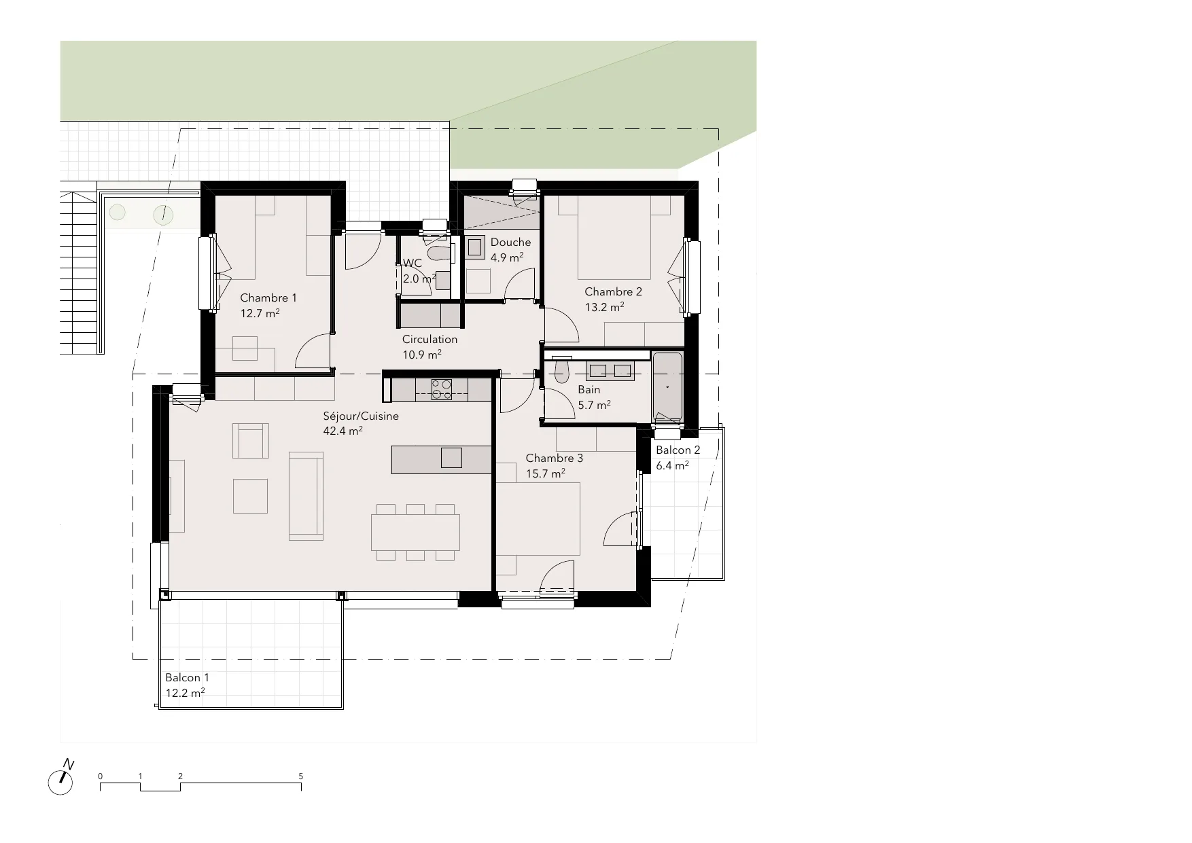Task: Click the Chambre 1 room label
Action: click(x=268, y=298)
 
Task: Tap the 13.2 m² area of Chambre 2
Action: click(x=605, y=307)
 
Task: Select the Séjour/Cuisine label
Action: click(x=361, y=416)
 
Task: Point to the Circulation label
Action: click(x=430, y=339)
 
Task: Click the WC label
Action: click(x=413, y=264)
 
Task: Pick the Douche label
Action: click(x=510, y=243)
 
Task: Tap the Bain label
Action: click(x=589, y=390)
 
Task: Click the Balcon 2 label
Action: click(x=678, y=450)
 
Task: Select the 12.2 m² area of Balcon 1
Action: click(x=186, y=694)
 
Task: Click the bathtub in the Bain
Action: click(x=668, y=387)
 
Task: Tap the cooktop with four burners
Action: click(x=442, y=389)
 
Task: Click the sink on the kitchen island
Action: click(x=451, y=458)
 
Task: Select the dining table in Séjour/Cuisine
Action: click(x=415, y=533)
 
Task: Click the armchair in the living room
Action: click(x=251, y=441)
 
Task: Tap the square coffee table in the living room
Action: click(x=250, y=496)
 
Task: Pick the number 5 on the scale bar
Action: click(x=301, y=776)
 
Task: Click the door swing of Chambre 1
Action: click(x=313, y=352)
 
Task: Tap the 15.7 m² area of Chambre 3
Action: click(x=546, y=473)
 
